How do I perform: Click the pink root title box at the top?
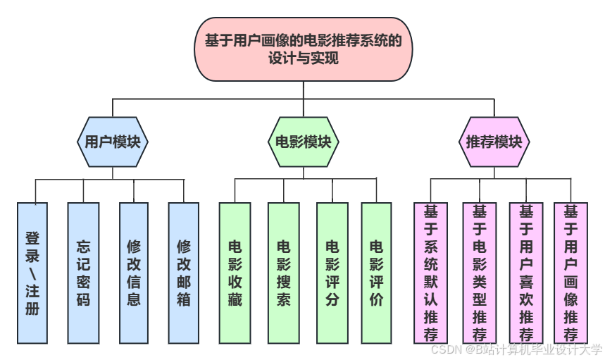(x=303, y=49)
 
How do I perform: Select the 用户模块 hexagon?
(x=113, y=142)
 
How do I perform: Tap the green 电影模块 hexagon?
(x=303, y=142)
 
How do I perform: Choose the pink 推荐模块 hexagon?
(x=494, y=142)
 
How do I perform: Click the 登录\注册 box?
(x=32, y=273)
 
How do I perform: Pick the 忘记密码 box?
(x=83, y=273)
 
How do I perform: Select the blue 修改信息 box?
(x=134, y=273)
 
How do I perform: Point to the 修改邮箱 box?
(x=184, y=273)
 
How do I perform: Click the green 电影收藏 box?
(x=235, y=273)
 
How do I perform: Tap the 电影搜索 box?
(x=284, y=273)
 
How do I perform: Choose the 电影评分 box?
(x=332, y=273)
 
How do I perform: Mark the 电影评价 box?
(x=376, y=273)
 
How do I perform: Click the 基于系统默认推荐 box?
(x=431, y=273)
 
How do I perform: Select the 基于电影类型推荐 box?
(x=480, y=273)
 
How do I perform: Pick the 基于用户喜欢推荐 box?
(x=526, y=273)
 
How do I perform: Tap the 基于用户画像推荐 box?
(x=571, y=273)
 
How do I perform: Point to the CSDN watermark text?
(x=516, y=349)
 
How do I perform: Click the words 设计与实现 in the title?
(x=303, y=59)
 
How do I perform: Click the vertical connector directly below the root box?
(x=303, y=90)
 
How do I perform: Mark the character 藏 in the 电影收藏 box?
(x=235, y=299)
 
